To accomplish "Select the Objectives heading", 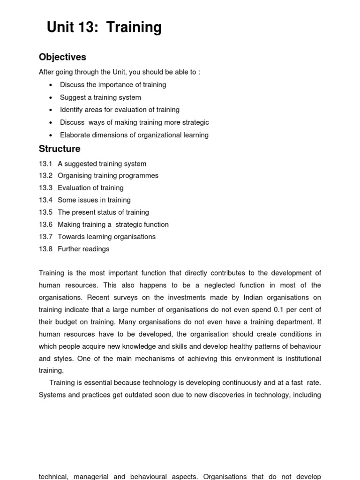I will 62,57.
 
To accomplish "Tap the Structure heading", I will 60,149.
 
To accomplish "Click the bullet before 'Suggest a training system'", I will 51,97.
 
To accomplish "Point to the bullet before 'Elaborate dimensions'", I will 51,135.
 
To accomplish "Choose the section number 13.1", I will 45,164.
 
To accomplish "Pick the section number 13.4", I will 45,200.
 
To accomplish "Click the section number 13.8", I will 45,249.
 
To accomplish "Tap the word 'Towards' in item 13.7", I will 71,237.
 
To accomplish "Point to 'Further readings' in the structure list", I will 83,249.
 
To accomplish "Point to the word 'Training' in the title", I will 134,28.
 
